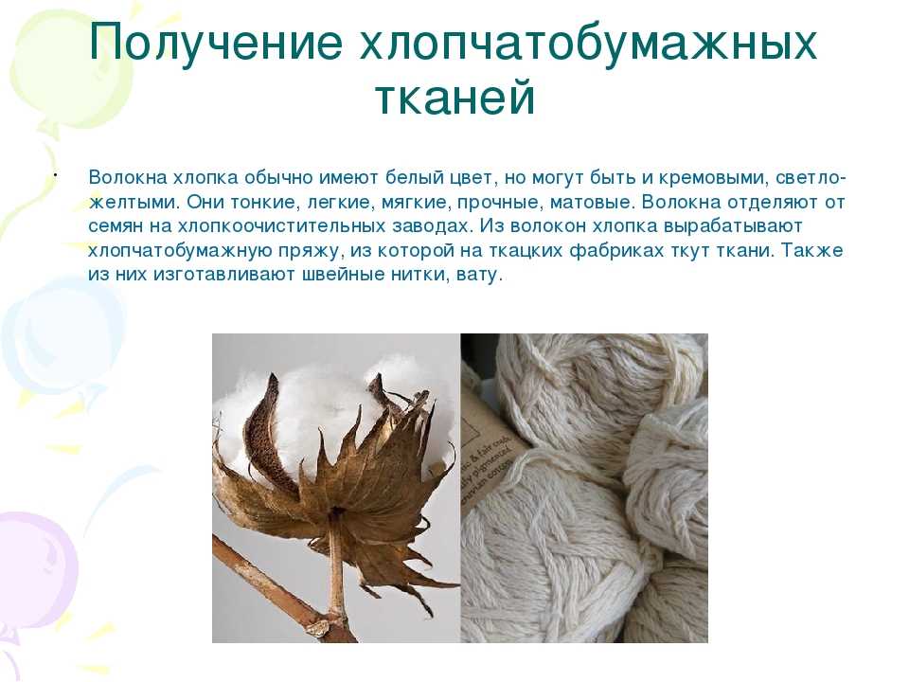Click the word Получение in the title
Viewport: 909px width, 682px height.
[216, 42]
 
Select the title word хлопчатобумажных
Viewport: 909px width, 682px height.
[588, 42]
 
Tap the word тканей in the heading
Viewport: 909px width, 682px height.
[454, 97]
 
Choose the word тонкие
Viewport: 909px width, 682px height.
[264, 203]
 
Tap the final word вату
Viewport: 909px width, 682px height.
[479, 275]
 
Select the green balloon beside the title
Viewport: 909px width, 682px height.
[69, 69]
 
